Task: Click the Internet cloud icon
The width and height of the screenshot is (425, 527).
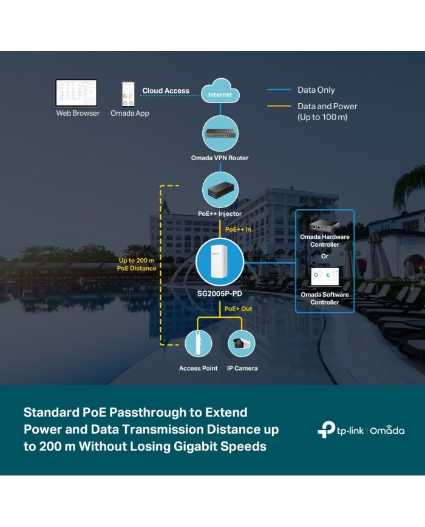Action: coord(220,91)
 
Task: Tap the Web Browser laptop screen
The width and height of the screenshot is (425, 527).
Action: coord(76,93)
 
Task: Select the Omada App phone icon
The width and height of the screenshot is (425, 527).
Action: coord(128,94)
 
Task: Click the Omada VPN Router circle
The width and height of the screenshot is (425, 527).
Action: coord(220,134)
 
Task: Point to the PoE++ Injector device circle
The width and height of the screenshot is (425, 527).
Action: coord(220,190)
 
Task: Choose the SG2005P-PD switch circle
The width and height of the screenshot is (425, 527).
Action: coord(220,262)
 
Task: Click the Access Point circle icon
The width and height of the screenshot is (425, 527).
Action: coord(199,343)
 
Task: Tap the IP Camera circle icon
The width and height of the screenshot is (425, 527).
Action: coord(242,343)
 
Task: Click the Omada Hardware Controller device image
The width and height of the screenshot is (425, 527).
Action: coord(324,226)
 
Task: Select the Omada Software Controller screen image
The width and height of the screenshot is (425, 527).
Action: coord(325,277)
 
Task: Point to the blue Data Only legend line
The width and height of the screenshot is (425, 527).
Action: coord(279,90)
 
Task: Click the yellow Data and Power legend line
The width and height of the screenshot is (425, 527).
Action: coord(279,106)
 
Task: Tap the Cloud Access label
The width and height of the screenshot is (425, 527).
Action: coord(166,91)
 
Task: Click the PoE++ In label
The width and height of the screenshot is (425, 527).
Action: coord(238,230)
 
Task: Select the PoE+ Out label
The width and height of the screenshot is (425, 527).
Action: coord(238,309)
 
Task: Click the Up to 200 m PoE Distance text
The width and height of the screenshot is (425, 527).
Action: coord(137,264)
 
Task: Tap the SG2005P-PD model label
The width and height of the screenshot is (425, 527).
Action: coord(220,294)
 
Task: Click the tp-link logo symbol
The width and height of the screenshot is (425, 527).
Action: coord(326,429)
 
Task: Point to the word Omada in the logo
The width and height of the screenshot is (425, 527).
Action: coord(387,430)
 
